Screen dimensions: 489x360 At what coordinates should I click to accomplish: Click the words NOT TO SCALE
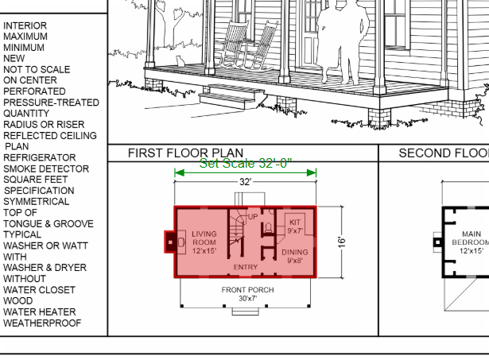pos(37,69)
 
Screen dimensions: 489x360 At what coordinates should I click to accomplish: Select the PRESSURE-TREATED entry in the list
pos(51,103)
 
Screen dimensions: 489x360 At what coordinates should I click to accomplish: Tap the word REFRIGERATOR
pos(40,157)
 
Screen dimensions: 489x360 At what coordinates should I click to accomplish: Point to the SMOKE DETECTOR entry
pos(46,168)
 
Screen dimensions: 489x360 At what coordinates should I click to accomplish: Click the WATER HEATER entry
pos(40,312)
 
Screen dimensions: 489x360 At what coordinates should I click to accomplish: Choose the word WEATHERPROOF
pos(42,323)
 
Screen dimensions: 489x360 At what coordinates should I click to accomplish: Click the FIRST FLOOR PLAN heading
pos(185,153)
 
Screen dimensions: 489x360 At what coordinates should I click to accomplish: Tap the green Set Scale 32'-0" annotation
pos(246,164)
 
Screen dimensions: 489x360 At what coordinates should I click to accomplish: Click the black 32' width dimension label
pos(245,182)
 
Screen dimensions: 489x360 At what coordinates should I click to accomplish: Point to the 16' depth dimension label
pos(342,242)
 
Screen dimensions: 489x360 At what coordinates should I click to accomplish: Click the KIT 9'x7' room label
pos(295,226)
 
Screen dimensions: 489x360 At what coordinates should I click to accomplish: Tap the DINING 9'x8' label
pos(295,256)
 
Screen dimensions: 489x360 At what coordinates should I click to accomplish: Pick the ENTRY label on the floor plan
pos(246,267)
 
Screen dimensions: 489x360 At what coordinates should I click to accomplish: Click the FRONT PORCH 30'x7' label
pos(248,294)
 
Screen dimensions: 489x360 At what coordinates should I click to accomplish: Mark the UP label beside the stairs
pos(253,217)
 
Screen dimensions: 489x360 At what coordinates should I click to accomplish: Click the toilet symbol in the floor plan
pos(268,228)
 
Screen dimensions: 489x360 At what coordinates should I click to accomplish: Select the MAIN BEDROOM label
pos(472,238)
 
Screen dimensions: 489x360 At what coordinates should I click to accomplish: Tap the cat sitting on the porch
pos(180,61)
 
